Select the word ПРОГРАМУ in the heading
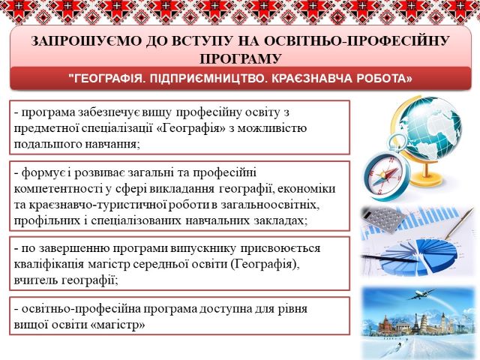point(240,58)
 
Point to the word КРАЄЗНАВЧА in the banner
point(310,79)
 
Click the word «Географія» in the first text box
point(193,128)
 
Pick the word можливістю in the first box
point(272,128)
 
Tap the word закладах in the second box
point(280,220)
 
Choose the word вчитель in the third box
point(35,280)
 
